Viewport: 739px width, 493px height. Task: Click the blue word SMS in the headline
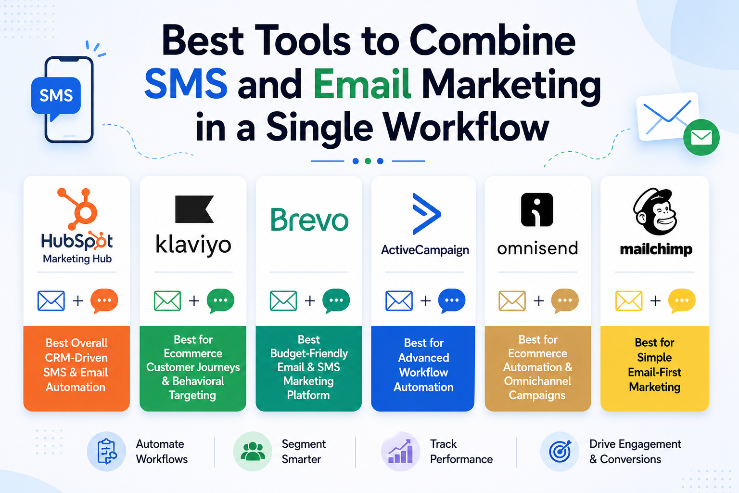tap(186, 83)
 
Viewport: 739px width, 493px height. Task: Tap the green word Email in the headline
tap(362, 83)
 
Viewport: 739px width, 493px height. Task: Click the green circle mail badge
tap(701, 137)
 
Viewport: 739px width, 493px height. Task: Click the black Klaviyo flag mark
tap(194, 209)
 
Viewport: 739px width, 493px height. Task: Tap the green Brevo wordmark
tap(309, 220)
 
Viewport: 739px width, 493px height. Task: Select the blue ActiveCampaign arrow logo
tap(426, 214)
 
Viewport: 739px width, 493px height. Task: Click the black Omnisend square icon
tap(537, 210)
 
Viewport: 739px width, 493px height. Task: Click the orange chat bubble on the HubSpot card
tap(104, 301)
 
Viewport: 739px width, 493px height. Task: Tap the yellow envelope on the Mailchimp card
tap(629, 301)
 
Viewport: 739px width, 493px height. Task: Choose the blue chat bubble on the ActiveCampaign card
tap(452, 301)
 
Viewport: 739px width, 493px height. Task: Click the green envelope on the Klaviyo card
tap(167, 301)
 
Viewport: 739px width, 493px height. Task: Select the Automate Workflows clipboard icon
tap(106, 452)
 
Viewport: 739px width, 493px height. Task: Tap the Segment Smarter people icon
tap(253, 452)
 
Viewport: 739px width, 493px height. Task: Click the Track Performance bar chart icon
tap(400, 452)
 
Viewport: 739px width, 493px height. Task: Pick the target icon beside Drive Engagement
tap(560, 452)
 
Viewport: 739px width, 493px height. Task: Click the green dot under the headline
tap(368, 161)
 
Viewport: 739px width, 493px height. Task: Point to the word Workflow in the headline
tap(466, 128)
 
